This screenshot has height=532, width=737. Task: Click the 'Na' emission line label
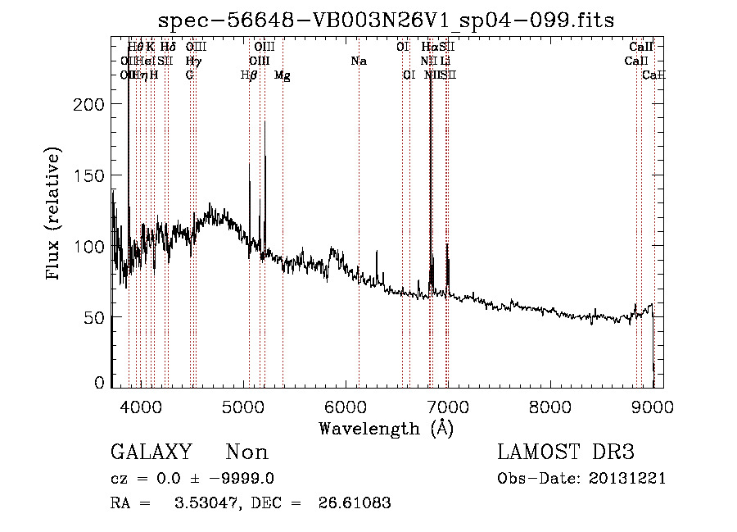pos(358,61)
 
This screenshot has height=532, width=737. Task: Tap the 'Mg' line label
pos(283,75)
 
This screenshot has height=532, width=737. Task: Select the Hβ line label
pos(249,75)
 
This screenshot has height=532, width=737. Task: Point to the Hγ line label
pos(192,61)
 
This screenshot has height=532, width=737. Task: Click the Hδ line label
pos(167,47)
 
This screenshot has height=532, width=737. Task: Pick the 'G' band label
pos(189,75)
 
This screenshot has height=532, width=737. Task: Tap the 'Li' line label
pos(445,61)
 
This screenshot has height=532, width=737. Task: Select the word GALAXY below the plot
pos(151,452)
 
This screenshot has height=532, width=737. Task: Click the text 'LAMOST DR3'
pos(566,452)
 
